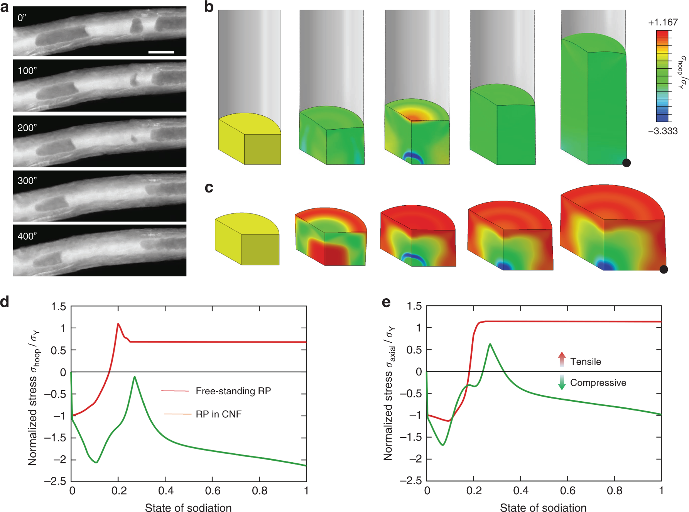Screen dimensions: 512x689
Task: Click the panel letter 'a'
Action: pos(5,7)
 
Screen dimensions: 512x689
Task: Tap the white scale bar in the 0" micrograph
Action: pos(161,52)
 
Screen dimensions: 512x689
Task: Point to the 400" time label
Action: pos(27,236)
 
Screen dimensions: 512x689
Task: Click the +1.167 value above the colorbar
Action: pos(663,22)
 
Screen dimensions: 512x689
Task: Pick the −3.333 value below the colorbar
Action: pos(663,131)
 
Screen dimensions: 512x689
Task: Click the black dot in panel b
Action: pos(627,163)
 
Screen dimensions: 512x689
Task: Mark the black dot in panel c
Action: pos(664,269)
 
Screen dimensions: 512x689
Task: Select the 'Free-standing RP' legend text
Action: pos(233,391)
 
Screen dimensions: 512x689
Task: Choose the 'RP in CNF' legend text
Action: pos(218,414)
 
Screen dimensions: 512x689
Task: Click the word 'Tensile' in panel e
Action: pos(585,362)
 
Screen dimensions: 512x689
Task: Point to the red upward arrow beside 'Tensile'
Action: pos(562,359)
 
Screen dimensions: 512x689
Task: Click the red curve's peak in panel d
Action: pos(118,324)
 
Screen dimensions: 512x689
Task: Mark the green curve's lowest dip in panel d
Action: pos(96,462)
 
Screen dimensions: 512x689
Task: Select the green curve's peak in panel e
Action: pos(490,344)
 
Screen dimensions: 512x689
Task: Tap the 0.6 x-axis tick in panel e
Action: pos(567,491)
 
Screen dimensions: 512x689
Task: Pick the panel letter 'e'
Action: pos(386,302)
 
